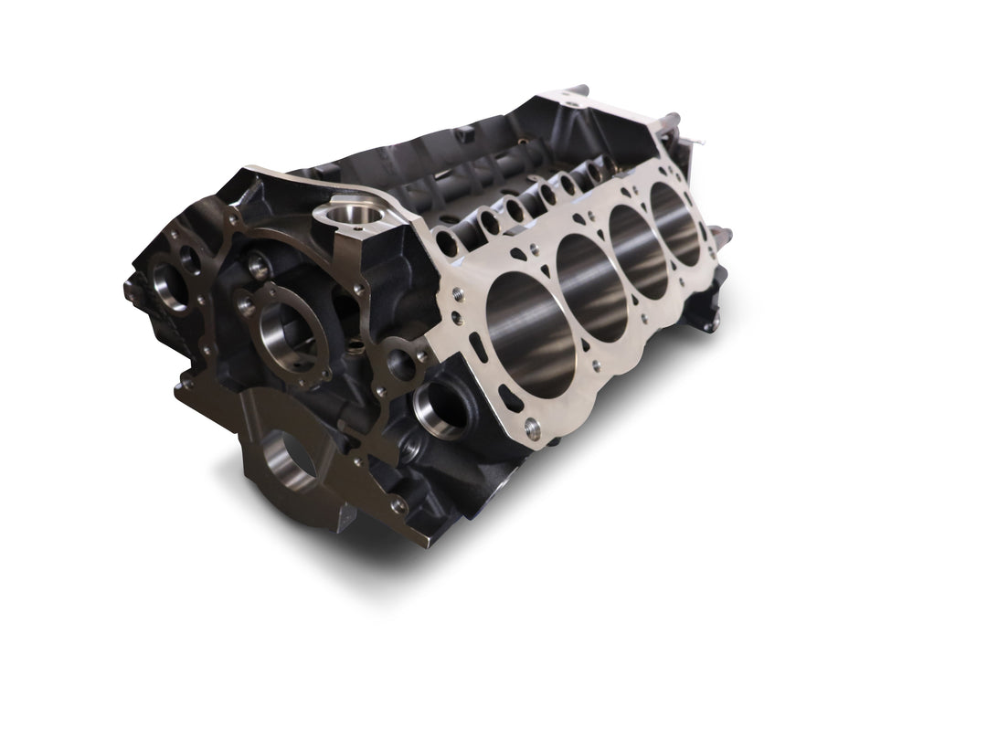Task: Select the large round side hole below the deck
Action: pos(443,407)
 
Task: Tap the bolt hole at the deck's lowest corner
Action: pos(533,426)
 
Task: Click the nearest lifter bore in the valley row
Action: pos(447,243)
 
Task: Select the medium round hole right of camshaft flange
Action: pos(401,364)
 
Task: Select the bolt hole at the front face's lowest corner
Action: pos(398,505)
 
